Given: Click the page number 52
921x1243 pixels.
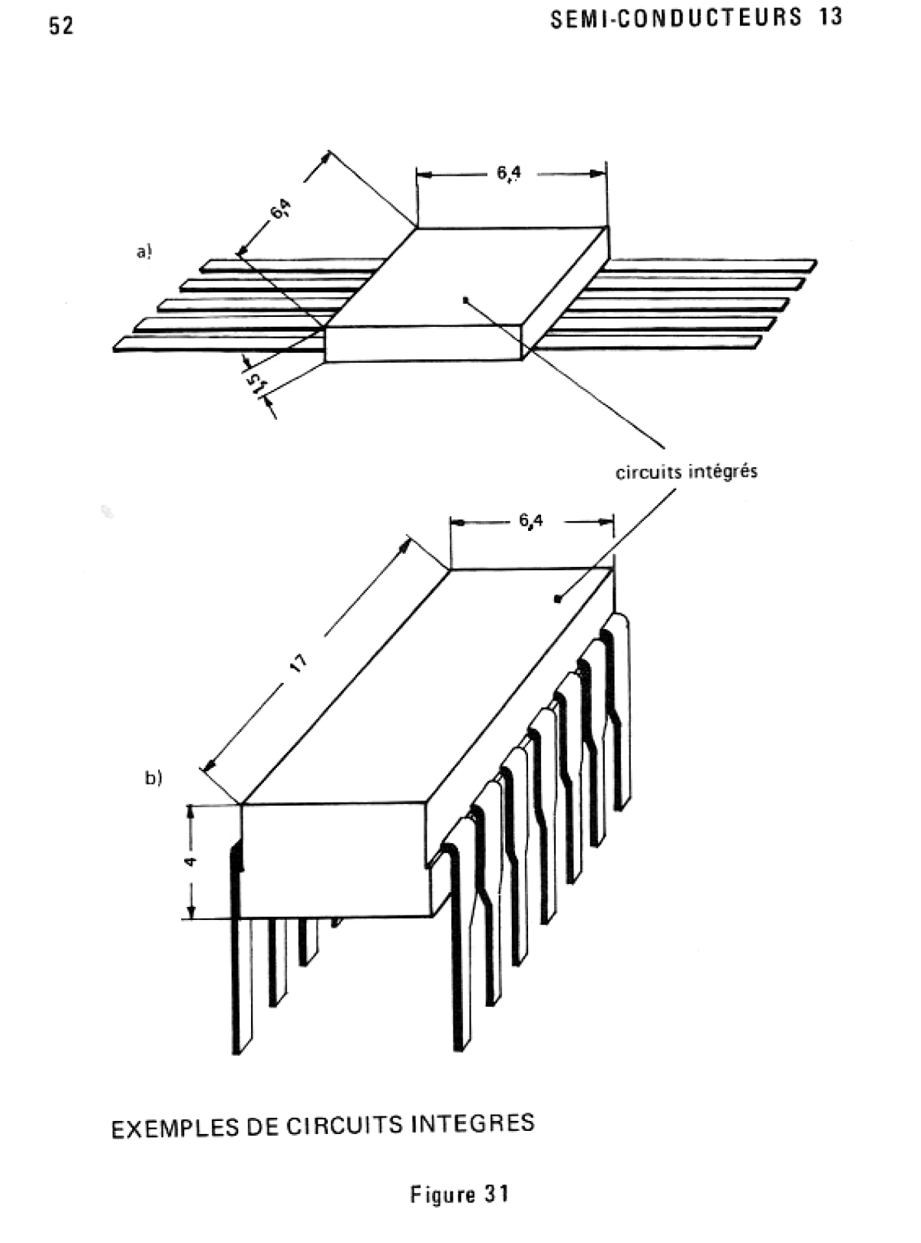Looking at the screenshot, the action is (x=61, y=26).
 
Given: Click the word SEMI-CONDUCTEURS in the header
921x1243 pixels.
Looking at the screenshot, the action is (x=676, y=18).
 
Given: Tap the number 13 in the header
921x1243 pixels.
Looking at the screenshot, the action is (x=830, y=18).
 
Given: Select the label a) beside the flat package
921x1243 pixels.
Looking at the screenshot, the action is (x=144, y=252).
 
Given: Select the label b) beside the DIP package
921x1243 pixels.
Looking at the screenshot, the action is (x=153, y=778).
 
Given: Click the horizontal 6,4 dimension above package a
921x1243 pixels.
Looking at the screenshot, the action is (x=508, y=173).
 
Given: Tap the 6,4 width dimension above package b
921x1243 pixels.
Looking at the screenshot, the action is (x=531, y=521).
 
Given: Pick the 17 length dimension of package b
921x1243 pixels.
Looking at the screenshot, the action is (x=299, y=663).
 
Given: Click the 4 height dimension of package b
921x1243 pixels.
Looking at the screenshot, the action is (x=190, y=861).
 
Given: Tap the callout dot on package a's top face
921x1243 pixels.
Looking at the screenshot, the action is (x=464, y=300).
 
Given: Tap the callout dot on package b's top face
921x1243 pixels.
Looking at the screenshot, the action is (x=557, y=598).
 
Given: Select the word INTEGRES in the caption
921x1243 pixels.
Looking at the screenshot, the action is (x=473, y=1123).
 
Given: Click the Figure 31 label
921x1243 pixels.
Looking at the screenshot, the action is (x=460, y=1193).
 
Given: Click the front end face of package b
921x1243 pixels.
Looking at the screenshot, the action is (x=336, y=861).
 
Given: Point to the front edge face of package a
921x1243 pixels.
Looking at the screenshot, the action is (x=424, y=344).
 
